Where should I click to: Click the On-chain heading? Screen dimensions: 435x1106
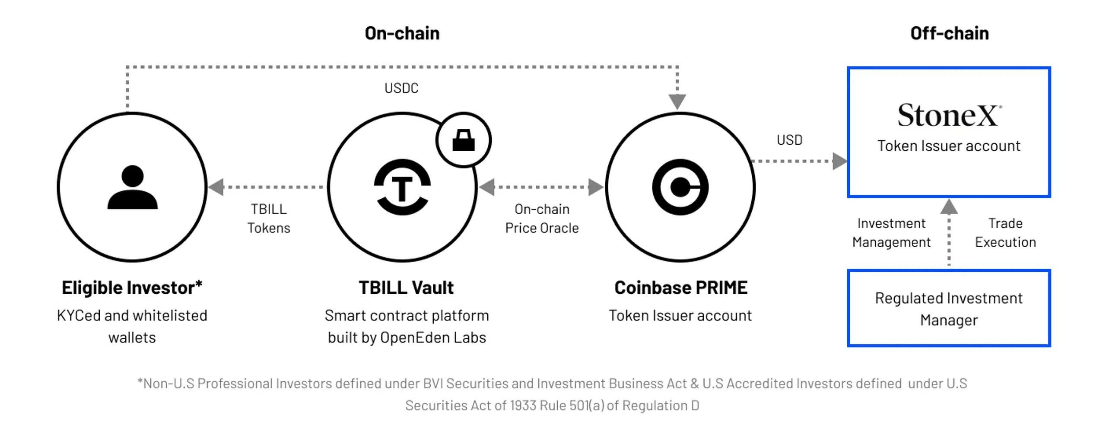(x=402, y=33)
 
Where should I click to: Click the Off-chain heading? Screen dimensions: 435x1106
(x=949, y=33)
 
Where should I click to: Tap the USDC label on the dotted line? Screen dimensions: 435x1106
(x=401, y=88)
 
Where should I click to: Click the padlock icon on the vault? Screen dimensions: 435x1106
(x=463, y=140)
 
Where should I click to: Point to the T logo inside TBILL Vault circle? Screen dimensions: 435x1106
(x=402, y=187)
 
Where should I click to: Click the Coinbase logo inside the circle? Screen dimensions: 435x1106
(x=680, y=187)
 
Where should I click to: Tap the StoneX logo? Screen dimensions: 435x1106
(x=949, y=115)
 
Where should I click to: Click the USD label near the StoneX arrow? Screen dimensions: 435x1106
(x=789, y=140)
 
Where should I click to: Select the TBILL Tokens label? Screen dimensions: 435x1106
(x=269, y=219)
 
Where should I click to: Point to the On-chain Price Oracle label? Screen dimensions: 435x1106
(x=542, y=219)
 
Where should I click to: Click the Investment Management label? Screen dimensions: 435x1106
(x=891, y=233)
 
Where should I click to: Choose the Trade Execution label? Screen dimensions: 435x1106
(x=1005, y=233)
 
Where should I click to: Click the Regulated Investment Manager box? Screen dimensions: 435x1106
(x=949, y=308)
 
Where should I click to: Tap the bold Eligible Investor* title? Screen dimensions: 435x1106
(x=132, y=288)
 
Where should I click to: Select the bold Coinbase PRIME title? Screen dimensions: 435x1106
(x=680, y=288)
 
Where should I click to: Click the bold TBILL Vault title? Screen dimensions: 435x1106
(x=406, y=288)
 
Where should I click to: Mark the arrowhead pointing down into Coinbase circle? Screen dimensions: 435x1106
(x=677, y=102)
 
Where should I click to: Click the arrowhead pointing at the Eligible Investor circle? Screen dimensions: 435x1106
(x=216, y=187)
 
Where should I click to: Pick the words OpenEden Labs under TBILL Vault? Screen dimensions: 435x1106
(x=433, y=337)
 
